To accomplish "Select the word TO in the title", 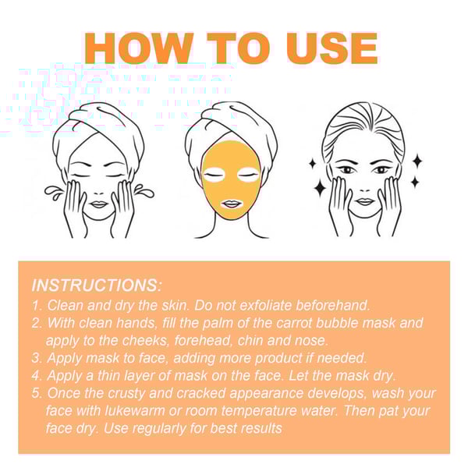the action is coord(239,48).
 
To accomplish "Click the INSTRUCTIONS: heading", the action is coord(97,285).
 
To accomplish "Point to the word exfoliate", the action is coord(265,305).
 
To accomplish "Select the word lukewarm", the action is coord(135,411).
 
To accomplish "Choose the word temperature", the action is coord(259,411).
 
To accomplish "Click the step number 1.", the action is coord(36,305).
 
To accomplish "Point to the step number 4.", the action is coord(37,376).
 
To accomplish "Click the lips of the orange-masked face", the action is coord(232,204).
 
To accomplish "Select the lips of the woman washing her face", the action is coord(98,204).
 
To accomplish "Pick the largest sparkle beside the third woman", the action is coord(321,187).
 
